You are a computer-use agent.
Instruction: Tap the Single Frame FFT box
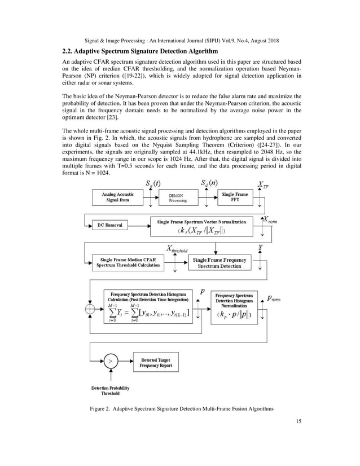(x=234, y=197)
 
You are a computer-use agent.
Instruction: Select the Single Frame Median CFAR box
(x=128, y=262)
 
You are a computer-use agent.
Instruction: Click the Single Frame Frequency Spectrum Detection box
(x=219, y=262)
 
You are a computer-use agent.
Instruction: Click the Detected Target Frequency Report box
(x=155, y=363)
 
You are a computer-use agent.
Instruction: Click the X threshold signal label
(x=176, y=249)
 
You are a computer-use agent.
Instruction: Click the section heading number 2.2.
(x=68, y=52)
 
